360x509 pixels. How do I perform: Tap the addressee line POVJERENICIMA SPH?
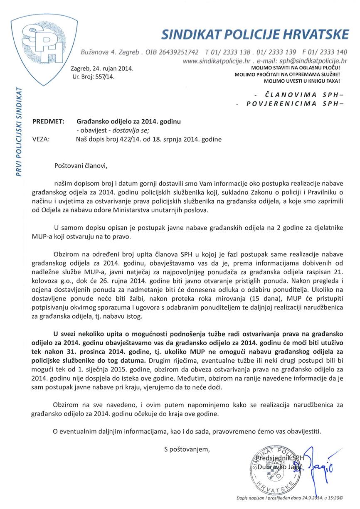(x=293, y=104)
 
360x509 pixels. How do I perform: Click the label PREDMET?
(x=48, y=122)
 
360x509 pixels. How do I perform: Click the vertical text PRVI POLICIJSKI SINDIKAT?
(x=19, y=132)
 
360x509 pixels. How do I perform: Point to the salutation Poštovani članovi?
(x=81, y=166)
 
